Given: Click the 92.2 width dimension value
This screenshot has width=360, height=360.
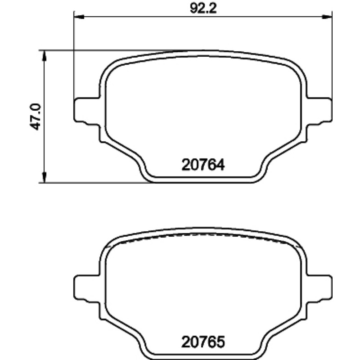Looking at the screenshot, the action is [203, 9].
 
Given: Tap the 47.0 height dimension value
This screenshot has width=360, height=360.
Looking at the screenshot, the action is [36, 117].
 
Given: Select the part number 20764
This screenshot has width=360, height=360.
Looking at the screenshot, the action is [203, 165].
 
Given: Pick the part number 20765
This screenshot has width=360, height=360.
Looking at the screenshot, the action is [203, 342].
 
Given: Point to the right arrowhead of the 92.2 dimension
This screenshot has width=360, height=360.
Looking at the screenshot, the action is [327, 17].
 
